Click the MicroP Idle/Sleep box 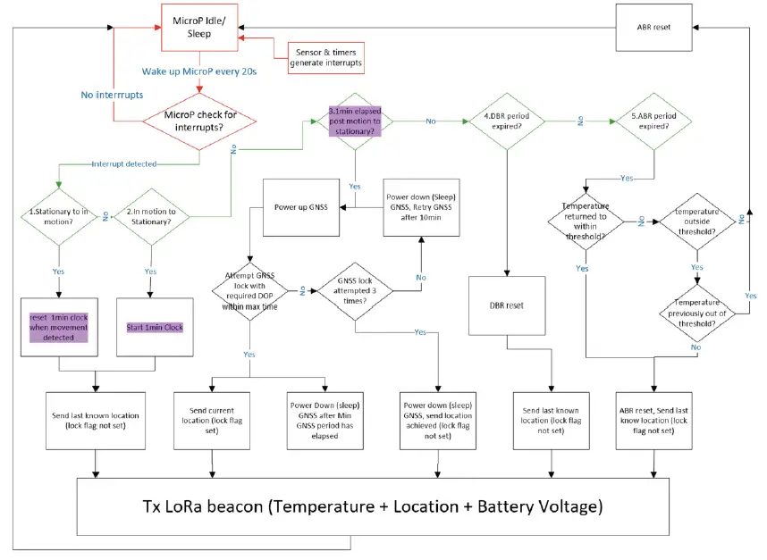[200, 26]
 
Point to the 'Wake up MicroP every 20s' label [199, 71]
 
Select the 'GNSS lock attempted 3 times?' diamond [356, 291]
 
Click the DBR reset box [506, 305]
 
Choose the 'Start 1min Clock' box [149, 327]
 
